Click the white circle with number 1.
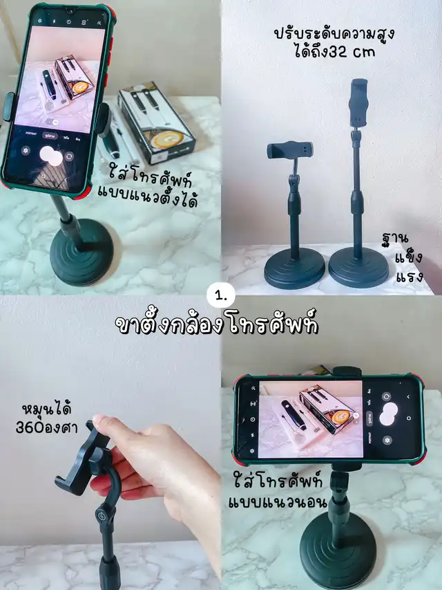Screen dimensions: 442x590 221,296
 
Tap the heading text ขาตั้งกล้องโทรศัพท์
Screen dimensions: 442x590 217,323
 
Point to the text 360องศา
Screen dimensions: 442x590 46,427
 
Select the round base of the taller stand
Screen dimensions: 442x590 358,267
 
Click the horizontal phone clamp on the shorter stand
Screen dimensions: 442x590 290,150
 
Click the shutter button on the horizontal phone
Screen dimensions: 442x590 389,413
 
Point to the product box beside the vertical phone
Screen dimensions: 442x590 157,122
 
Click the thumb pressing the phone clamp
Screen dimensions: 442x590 100,424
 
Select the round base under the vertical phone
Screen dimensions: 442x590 81,252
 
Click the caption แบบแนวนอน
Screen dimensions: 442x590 278,502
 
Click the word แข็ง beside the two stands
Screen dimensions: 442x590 409,258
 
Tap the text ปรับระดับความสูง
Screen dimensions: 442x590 334,33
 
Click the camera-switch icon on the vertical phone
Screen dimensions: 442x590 69,156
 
